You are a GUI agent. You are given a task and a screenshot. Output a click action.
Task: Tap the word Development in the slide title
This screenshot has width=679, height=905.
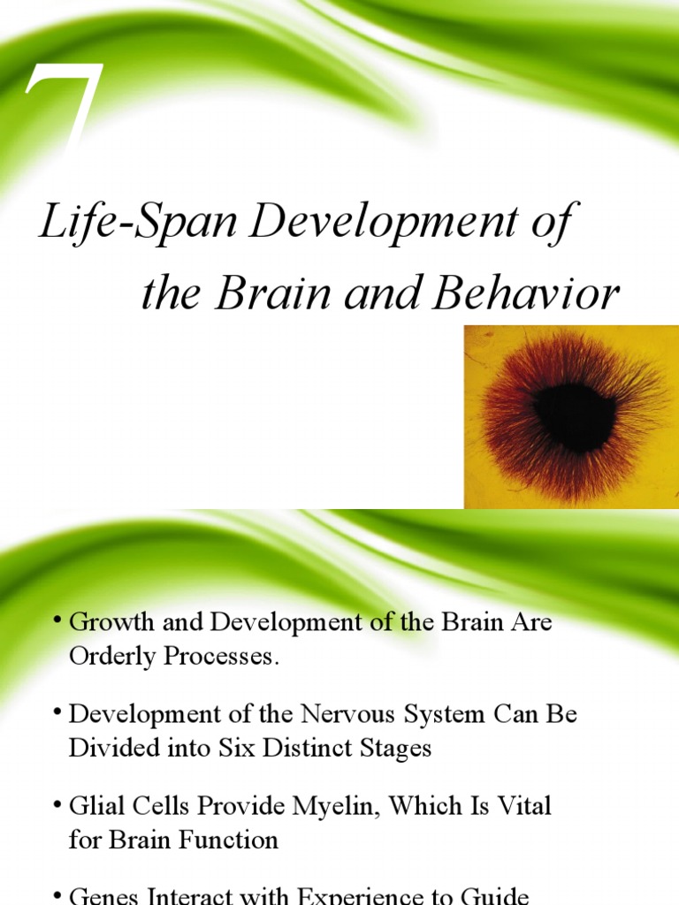click(384, 224)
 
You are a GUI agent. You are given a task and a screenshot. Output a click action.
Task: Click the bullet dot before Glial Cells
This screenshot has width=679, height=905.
click(58, 804)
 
